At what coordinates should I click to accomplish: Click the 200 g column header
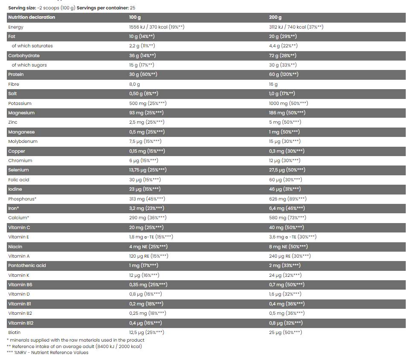[275, 17]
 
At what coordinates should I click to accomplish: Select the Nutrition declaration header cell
[32, 17]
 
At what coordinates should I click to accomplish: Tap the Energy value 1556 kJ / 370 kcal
[156, 27]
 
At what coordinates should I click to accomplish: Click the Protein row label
[16, 74]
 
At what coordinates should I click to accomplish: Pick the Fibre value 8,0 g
[134, 84]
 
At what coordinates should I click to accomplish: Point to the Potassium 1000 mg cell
[288, 103]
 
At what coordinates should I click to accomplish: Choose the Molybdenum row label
[23, 141]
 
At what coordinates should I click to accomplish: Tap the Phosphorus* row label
[22, 199]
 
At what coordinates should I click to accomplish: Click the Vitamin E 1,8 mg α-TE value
[151, 237]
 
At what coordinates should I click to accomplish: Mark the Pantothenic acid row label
[27, 265]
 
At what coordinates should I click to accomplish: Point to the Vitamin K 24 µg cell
[285, 275]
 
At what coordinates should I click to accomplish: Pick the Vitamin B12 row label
[20, 323]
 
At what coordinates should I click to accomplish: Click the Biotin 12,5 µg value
[146, 332]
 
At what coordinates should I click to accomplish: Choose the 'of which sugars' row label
[29, 65]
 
